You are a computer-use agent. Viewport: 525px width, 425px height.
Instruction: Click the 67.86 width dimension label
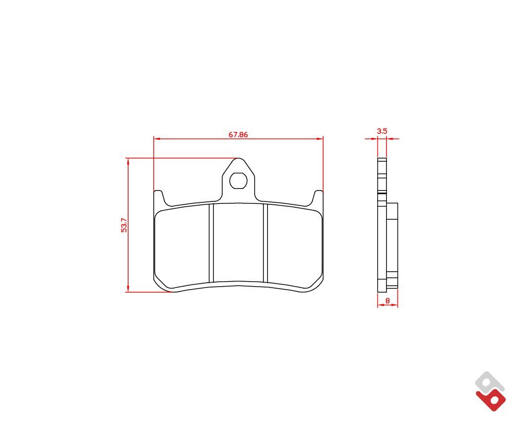(x=238, y=134)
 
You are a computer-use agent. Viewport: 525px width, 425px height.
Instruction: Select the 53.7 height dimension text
(x=124, y=225)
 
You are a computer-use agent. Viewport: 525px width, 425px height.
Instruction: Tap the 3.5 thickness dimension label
(x=382, y=131)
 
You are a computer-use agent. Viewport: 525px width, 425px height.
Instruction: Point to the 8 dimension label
(x=388, y=301)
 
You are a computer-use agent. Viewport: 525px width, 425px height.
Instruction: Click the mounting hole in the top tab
(x=238, y=181)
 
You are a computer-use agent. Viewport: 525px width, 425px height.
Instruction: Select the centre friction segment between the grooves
(x=238, y=243)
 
